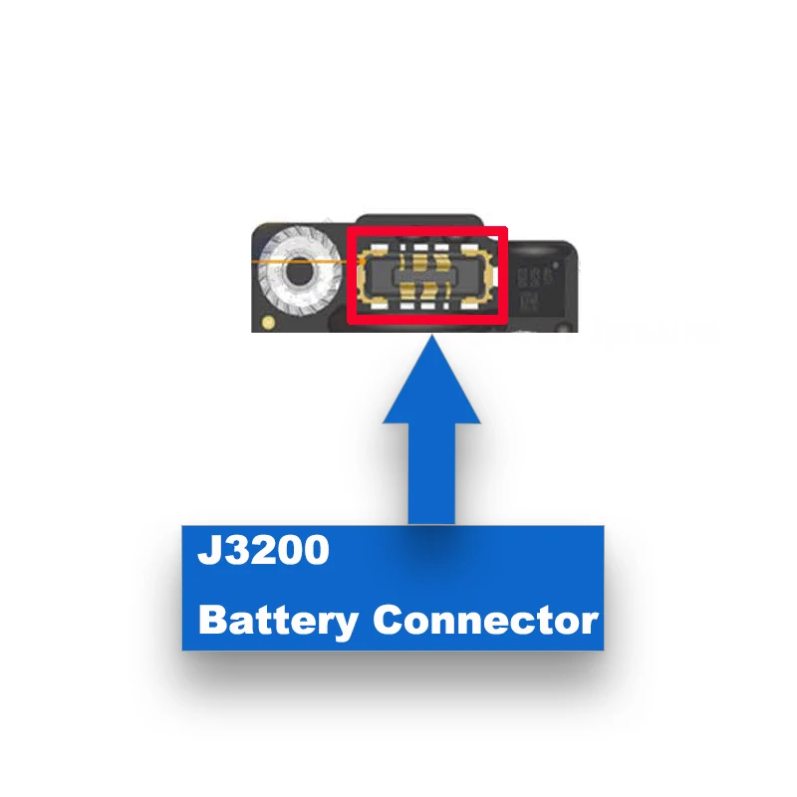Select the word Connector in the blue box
485,621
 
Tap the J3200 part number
262,551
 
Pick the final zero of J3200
314,551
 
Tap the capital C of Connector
387,621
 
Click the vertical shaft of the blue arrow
432,468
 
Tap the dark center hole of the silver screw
297,269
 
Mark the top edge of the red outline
426,229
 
